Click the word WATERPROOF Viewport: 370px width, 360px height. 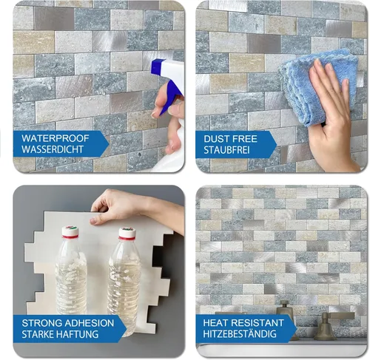point(55,137)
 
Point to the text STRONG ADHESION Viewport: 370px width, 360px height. point(68,323)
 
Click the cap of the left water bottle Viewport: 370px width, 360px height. point(70,232)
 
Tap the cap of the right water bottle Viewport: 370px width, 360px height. point(127,233)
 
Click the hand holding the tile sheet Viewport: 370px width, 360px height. point(118,206)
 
